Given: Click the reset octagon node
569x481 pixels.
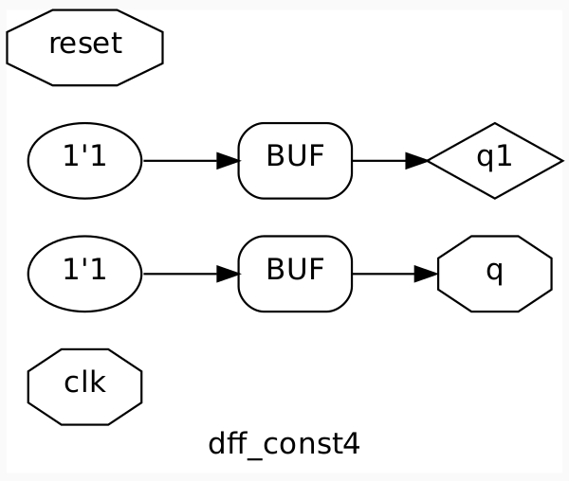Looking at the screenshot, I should pos(84,46).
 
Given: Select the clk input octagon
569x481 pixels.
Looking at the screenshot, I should pos(84,386).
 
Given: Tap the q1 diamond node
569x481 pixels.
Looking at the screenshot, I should pos(494,160).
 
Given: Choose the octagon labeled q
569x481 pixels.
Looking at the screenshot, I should pos(494,274).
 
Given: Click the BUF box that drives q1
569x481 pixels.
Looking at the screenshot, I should pos(295,160).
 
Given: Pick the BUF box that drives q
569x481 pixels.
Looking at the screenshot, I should pos(295,274).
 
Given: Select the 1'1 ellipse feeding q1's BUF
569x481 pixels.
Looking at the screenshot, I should pos(84,160).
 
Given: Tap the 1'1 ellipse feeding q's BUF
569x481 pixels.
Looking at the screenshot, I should pos(84,274).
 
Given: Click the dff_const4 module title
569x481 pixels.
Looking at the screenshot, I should pos(284,443).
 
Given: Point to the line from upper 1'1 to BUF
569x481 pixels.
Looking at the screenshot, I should pos(180,161).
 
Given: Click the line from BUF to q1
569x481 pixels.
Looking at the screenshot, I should pos(379,161).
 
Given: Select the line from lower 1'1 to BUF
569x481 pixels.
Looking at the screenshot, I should pos(180,275).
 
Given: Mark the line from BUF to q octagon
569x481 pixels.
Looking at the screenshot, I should pos(384,275).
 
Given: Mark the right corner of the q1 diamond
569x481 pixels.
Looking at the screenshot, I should pos(560,161).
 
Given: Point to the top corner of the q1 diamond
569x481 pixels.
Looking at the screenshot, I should pos(494,124).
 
